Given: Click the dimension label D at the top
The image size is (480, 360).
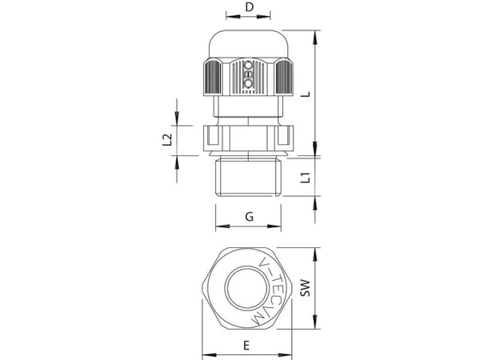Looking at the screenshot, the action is pos(250,6).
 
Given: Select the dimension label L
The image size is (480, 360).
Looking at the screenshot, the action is pos(306,94).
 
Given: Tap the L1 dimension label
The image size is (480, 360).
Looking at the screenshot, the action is pos(306,178).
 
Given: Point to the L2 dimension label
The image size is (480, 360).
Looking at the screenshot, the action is pos(167,140).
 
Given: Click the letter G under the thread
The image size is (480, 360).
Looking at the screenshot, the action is pos(250,217).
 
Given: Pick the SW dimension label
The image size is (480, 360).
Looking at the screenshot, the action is pos(306,288).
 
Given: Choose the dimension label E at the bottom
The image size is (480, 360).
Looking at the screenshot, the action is pos(246,346).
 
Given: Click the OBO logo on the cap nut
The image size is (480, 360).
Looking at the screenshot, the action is pos(248,78).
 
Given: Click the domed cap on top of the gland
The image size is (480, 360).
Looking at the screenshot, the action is pos(248,44).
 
